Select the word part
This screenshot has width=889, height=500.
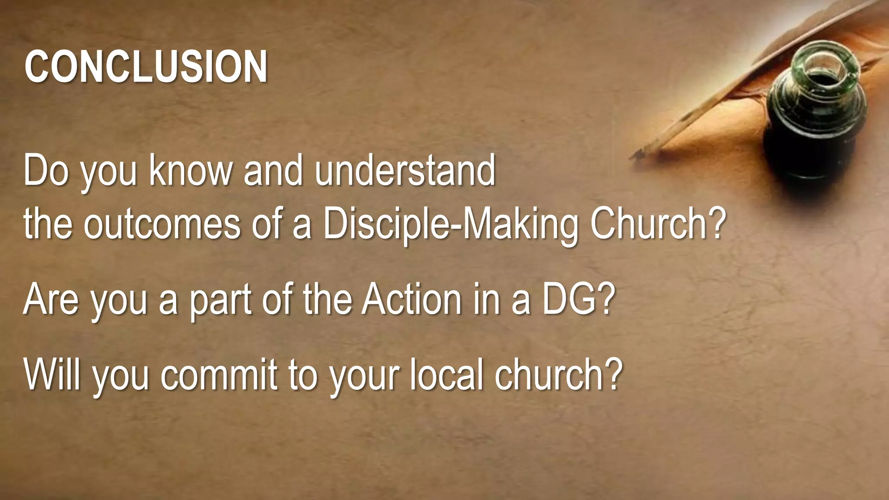coord(221,300)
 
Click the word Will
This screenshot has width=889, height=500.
coord(52,374)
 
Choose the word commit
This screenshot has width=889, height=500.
coord(219,374)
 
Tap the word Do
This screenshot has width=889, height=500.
coord(46,170)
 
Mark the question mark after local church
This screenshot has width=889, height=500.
coord(613,374)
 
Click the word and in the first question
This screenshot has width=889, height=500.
coord(273,170)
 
